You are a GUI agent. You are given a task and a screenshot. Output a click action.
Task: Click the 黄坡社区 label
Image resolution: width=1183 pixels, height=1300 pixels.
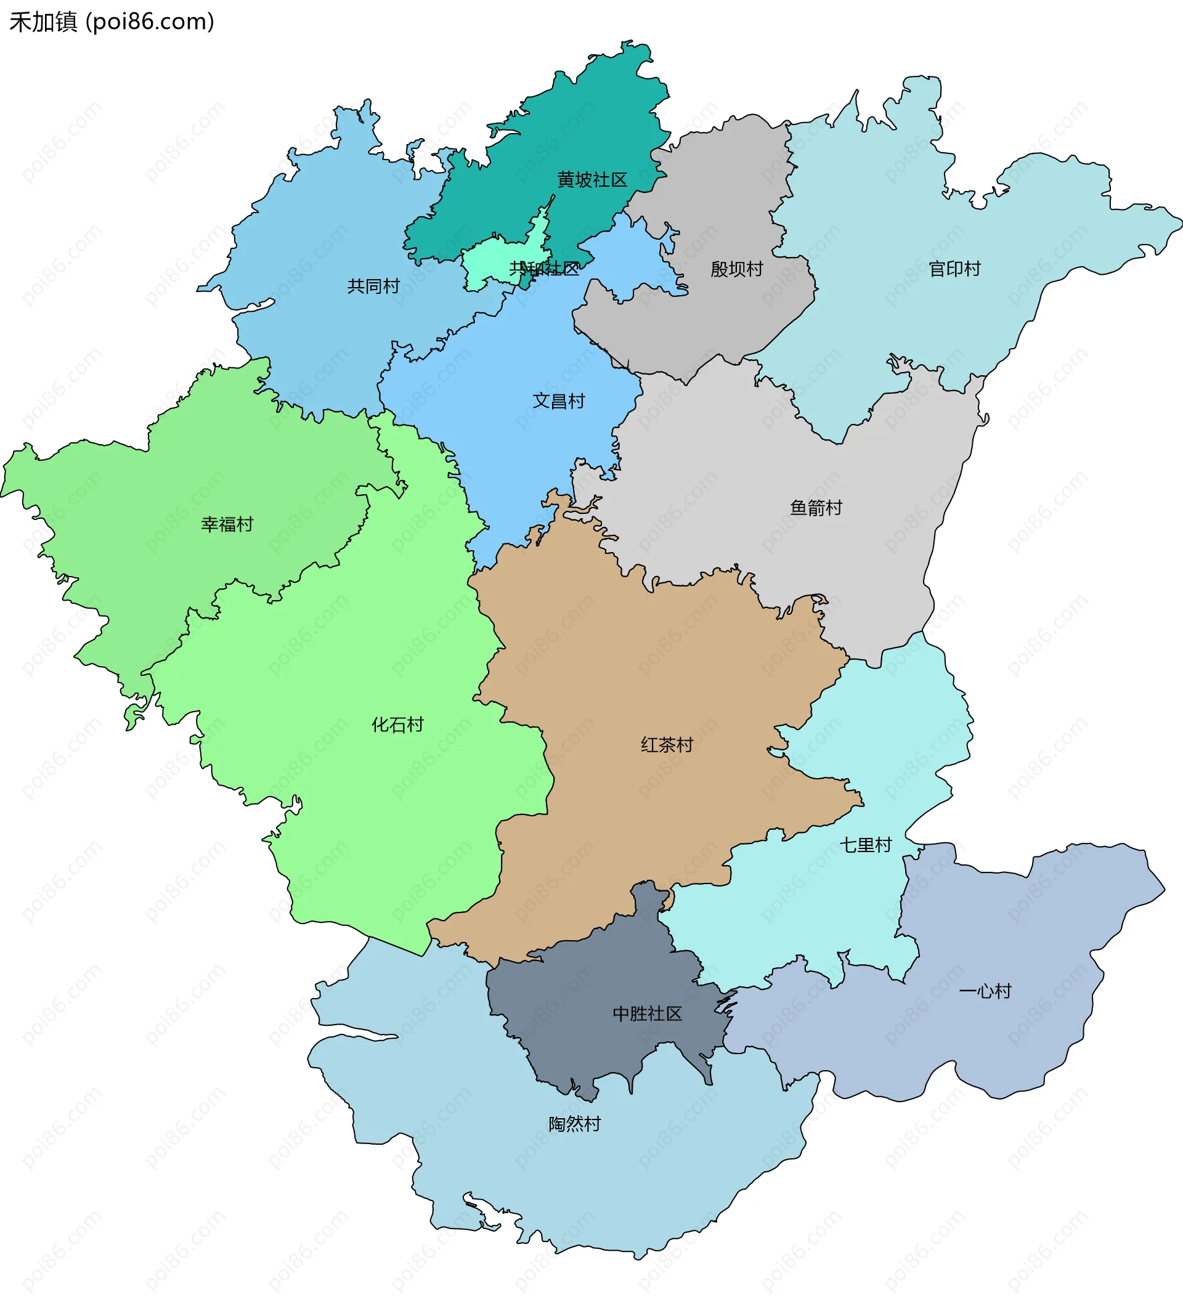pyautogui.click(x=591, y=180)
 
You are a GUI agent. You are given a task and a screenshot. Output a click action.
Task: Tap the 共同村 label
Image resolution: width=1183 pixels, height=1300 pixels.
pyautogui.click(x=373, y=286)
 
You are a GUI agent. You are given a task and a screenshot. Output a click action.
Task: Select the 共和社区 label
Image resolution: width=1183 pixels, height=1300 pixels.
pyautogui.click(x=544, y=269)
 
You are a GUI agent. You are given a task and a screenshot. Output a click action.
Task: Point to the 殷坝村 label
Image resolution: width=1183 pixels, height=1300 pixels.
pyautogui.click(x=737, y=269)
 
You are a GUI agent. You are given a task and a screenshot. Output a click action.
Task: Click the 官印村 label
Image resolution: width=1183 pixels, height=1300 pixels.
pyautogui.click(x=954, y=269)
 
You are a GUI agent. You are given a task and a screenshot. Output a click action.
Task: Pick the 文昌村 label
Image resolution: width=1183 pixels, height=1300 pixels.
pyautogui.click(x=559, y=401)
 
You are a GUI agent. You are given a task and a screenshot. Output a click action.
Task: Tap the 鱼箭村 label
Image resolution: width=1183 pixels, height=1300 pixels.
pyautogui.click(x=816, y=508)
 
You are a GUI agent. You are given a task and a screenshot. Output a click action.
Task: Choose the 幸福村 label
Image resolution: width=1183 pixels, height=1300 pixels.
pyautogui.click(x=227, y=524)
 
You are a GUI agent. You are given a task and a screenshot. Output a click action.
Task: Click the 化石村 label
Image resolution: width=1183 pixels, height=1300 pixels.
pyautogui.click(x=397, y=725)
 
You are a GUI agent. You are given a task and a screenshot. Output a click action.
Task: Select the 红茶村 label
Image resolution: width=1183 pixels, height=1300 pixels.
pyautogui.click(x=667, y=745)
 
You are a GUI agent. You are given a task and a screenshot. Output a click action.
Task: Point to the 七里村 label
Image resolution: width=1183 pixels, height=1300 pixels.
pyautogui.click(x=865, y=845)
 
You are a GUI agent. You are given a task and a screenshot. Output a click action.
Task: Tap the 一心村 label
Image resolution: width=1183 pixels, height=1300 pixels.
pyautogui.click(x=985, y=991)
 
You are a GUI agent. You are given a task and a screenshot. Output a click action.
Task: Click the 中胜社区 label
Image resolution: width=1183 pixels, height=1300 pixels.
pyautogui.click(x=647, y=1014)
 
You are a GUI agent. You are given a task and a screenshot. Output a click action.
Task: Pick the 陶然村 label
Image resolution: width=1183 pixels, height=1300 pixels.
pyautogui.click(x=575, y=1124)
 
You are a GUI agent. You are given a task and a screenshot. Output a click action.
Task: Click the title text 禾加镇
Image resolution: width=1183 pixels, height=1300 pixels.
pyautogui.click(x=43, y=23)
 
